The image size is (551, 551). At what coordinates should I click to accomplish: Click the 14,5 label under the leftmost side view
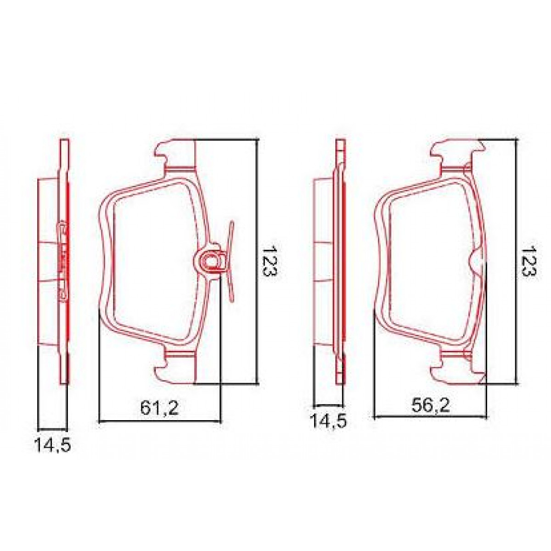pyautogui.click(x=52, y=445)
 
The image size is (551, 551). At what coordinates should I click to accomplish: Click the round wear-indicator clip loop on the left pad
pyautogui.click(x=211, y=261)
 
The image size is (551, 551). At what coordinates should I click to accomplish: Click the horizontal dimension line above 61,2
pyautogui.click(x=159, y=420)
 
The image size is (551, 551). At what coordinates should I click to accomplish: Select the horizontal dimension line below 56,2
pyautogui.click(x=430, y=417)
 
